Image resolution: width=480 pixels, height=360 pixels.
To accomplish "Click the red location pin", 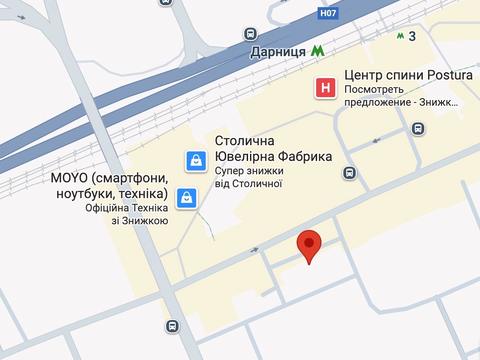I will pyautogui.click(x=311, y=245).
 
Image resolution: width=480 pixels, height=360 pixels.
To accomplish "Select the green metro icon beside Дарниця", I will pyautogui.click(x=318, y=52).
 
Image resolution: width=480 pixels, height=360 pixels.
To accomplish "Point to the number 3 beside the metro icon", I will pyautogui.click(x=412, y=36).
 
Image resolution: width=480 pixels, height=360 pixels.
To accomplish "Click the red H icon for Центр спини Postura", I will pyautogui.click(x=325, y=88).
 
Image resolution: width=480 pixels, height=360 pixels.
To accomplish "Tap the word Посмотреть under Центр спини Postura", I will pyautogui.click(x=370, y=89).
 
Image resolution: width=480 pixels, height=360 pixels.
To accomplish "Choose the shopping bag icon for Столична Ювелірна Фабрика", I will pyautogui.click(x=196, y=159).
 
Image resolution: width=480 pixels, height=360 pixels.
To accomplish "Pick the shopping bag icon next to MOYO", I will pyautogui.click(x=185, y=198).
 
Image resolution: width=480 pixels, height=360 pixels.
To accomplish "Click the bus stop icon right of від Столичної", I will pyautogui.click(x=348, y=173).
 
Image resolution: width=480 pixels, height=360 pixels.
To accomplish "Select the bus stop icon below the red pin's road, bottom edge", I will pyautogui.click(x=173, y=326).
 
